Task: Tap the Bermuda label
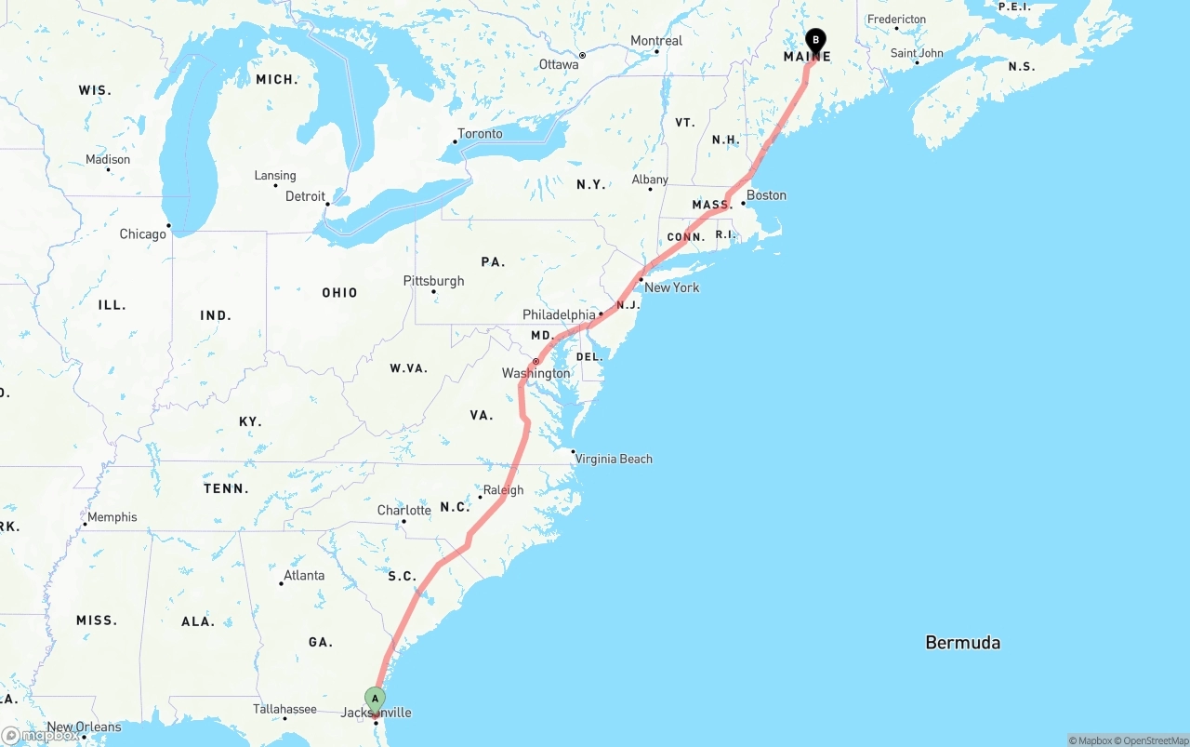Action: [x=962, y=642]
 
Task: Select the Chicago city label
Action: [x=142, y=233]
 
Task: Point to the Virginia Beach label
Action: [x=614, y=459]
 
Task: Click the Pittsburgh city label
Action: [x=433, y=281]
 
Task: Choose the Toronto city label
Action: [x=480, y=134]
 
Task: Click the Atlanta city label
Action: [x=304, y=575]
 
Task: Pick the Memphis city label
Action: [x=112, y=517]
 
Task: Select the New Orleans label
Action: [x=84, y=727]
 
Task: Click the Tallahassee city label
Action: [x=284, y=709]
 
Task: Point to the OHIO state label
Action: [x=339, y=293]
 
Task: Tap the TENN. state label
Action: [x=226, y=488]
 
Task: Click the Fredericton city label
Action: [x=896, y=19]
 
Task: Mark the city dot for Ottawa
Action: [x=582, y=55]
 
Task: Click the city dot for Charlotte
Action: [x=403, y=521]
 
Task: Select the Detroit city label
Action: [x=305, y=196]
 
